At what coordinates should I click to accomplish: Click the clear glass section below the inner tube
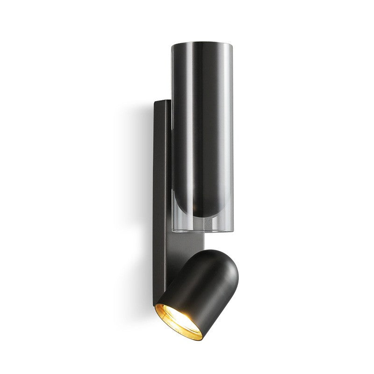coord(202,225)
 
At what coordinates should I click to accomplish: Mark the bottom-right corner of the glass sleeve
coord(232,230)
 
